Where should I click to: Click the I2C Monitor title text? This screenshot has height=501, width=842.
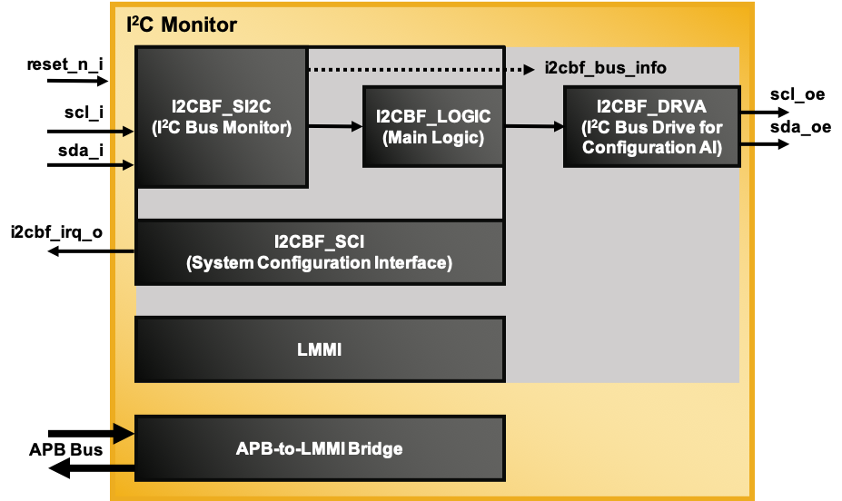point(182,25)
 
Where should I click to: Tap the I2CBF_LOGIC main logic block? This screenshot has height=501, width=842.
point(433,126)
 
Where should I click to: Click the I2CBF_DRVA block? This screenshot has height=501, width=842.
point(651,126)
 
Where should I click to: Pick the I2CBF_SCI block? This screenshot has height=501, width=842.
point(319,252)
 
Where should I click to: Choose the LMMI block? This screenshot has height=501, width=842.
point(319,349)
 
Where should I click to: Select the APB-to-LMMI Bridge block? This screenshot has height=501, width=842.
point(319,448)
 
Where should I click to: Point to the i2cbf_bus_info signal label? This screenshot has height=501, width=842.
point(606,69)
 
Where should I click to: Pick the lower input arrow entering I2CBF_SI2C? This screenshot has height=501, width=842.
point(123,165)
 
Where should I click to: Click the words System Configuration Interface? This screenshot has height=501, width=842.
point(319,264)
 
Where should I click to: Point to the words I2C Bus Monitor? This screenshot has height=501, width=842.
point(222,128)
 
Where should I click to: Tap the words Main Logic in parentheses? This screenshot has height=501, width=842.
point(433,138)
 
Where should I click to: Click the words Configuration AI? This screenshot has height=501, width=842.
point(651,148)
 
